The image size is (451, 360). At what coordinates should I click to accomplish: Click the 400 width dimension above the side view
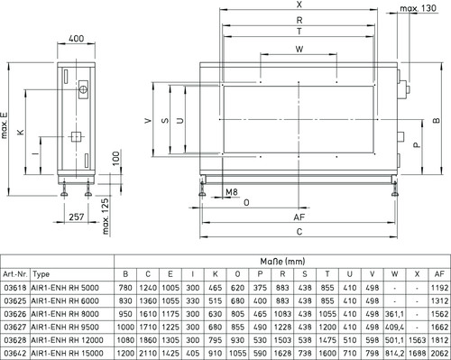(x=77, y=39)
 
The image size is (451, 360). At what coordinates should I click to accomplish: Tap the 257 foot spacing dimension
(x=77, y=217)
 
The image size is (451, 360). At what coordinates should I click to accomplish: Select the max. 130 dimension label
(x=418, y=8)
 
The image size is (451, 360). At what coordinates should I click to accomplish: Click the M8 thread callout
(x=232, y=192)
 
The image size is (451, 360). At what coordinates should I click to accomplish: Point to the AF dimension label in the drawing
(x=299, y=217)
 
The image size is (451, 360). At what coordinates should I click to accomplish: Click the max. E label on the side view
(x=4, y=125)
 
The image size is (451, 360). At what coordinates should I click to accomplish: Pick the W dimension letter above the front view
(x=299, y=49)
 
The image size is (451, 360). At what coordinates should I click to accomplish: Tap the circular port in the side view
(x=83, y=89)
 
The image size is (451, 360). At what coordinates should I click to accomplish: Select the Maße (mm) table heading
(x=282, y=261)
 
